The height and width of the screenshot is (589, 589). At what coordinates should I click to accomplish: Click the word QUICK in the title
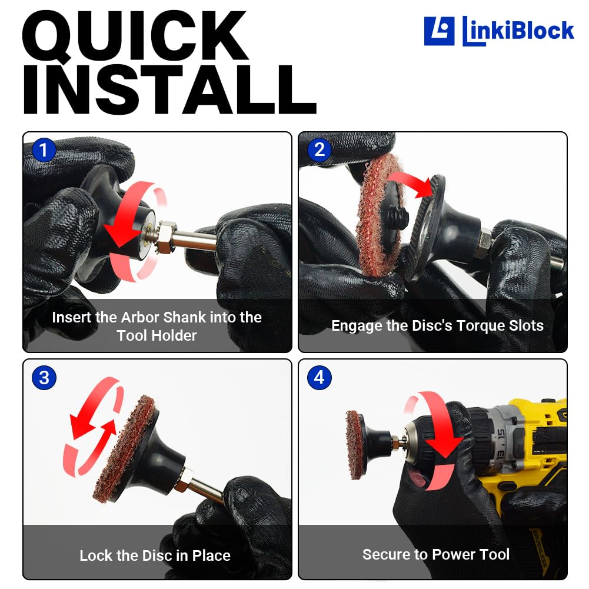(135, 36)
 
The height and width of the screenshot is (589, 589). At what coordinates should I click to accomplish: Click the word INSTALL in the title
(170, 89)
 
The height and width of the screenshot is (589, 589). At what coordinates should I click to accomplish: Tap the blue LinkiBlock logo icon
(439, 31)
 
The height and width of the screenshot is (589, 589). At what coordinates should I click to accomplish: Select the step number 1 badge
(44, 150)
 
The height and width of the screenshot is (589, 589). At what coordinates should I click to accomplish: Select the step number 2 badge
(320, 150)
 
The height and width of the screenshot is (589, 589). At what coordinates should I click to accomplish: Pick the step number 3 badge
(44, 378)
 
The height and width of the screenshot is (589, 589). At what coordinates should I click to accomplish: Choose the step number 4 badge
(320, 378)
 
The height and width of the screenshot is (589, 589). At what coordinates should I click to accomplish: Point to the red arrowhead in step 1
(121, 234)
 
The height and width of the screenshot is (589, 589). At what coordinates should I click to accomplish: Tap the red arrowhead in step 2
(424, 188)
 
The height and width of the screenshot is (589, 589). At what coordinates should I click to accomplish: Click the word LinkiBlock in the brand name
(518, 31)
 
